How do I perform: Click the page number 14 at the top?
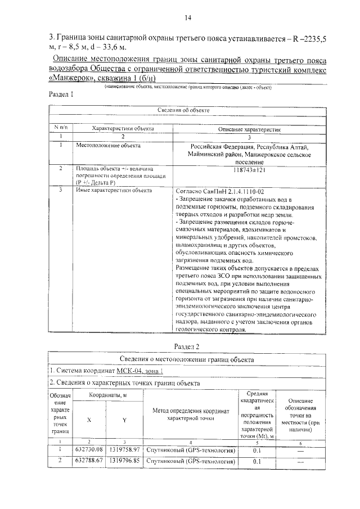pos(188,18)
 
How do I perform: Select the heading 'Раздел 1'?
pos(62,95)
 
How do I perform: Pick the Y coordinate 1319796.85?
pos(124,461)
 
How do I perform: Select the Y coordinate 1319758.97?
pos(124,450)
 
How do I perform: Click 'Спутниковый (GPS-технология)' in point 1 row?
pos(190,450)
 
